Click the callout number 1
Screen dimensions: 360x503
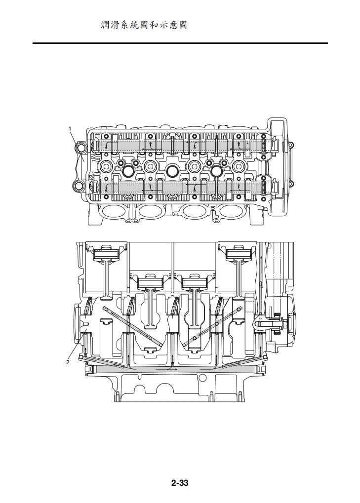[70, 128]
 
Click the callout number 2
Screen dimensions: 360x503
[68, 362]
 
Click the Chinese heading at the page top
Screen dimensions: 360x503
[144, 25]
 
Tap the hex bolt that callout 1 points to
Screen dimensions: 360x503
[80, 148]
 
